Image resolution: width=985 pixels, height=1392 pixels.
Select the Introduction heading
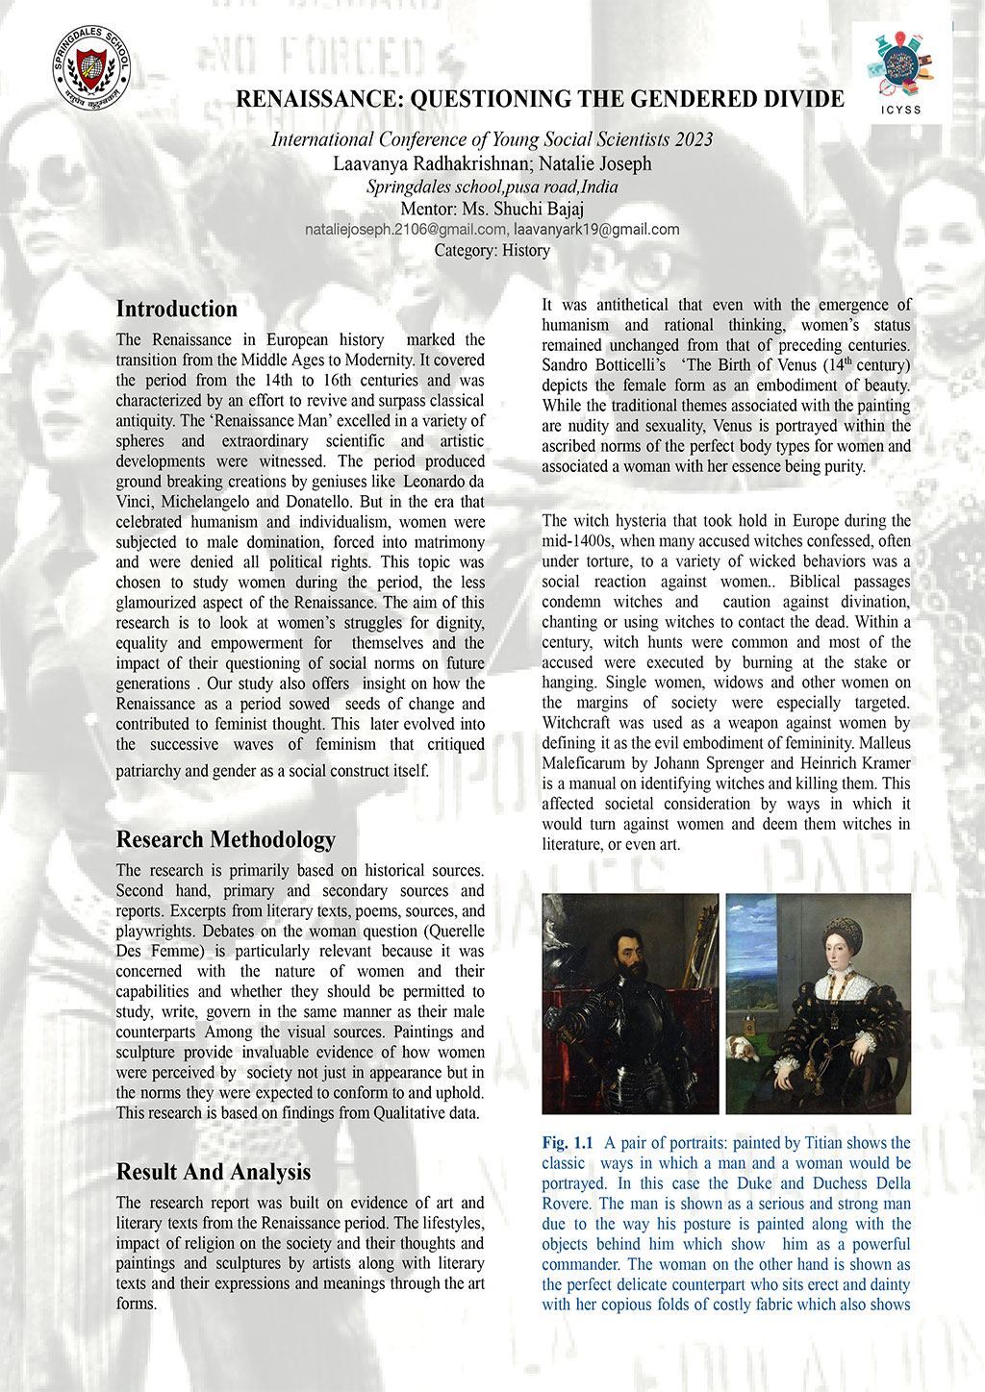pyautogui.click(x=176, y=309)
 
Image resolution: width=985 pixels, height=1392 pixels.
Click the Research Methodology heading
pyautogui.click(x=225, y=839)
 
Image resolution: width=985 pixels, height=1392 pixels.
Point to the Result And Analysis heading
pyautogui.click(x=213, y=1172)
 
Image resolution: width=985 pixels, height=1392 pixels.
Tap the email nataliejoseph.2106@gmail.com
pyautogui.click(x=405, y=230)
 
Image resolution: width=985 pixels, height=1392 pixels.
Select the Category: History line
pyautogui.click(x=492, y=251)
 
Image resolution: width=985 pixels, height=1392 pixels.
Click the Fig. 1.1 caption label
pyautogui.click(x=568, y=1143)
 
